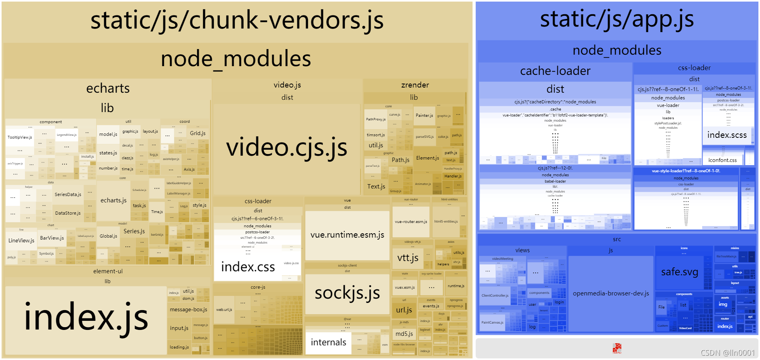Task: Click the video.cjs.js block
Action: pyautogui.click(x=287, y=147)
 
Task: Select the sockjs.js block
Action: pyautogui.click(x=347, y=293)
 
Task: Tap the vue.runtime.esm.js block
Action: pyautogui.click(x=347, y=235)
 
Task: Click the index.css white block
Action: pyautogui.click(x=248, y=267)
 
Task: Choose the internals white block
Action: pyautogui.click(x=328, y=342)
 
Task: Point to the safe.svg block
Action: pyautogui.click(x=679, y=272)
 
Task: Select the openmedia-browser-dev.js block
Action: pyautogui.click(x=611, y=293)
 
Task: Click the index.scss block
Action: pyautogui.click(x=727, y=135)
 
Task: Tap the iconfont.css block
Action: pyautogui.click(x=722, y=160)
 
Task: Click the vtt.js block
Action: pyautogui.click(x=408, y=258)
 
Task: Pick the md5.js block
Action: pyautogui.click(x=404, y=334)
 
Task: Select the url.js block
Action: pyautogui.click(x=404, y=310)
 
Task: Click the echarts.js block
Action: pyautogui.click(x=114, y=200)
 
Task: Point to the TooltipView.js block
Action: pyautogui.click(x=20, y=137)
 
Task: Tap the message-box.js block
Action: pyautogui.click(x=188, y=310)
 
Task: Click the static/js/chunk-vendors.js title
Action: pyautogui.click(x=237, y=21)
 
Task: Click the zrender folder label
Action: pyautogui.click(x=415, y=85)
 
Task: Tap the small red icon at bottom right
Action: pyautogui.click(x=617, y=348)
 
